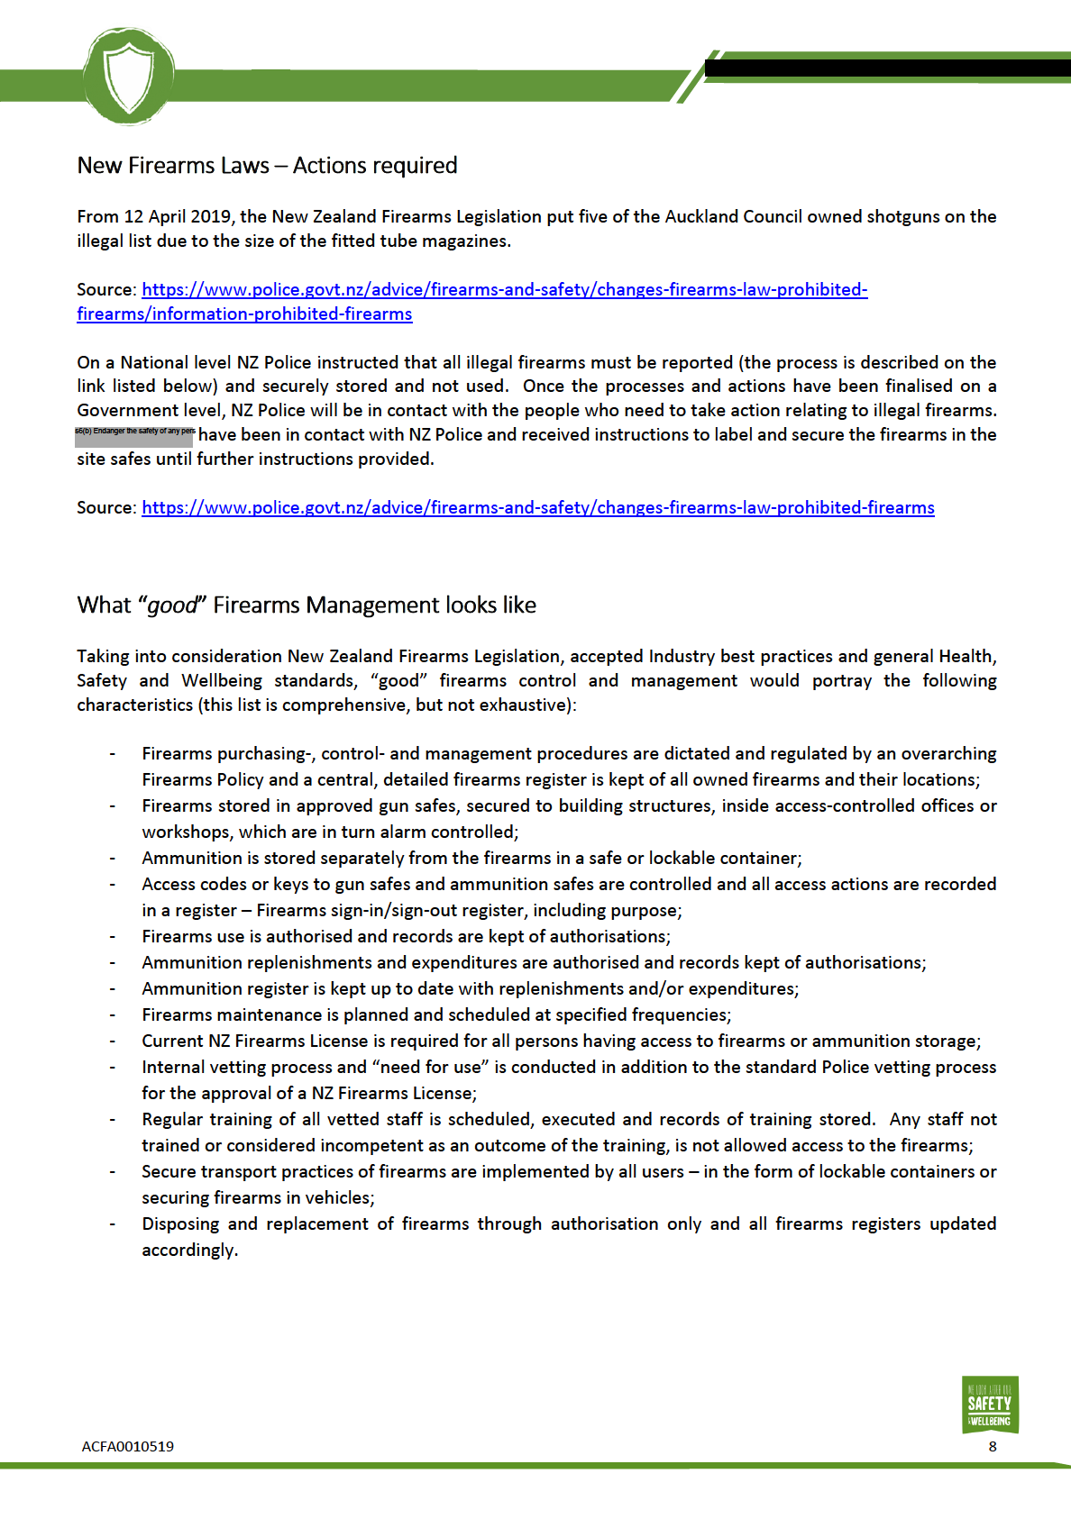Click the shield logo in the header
128,76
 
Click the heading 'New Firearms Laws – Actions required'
267,166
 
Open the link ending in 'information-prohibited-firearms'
244,314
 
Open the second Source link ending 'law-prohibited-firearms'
537,508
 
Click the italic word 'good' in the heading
171,605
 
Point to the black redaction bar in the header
887,68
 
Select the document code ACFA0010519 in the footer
127,1447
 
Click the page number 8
993,1447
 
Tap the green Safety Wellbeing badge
989,1405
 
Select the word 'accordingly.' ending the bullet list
189,1251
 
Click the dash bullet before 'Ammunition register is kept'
113,989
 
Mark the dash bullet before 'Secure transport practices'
113,1172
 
